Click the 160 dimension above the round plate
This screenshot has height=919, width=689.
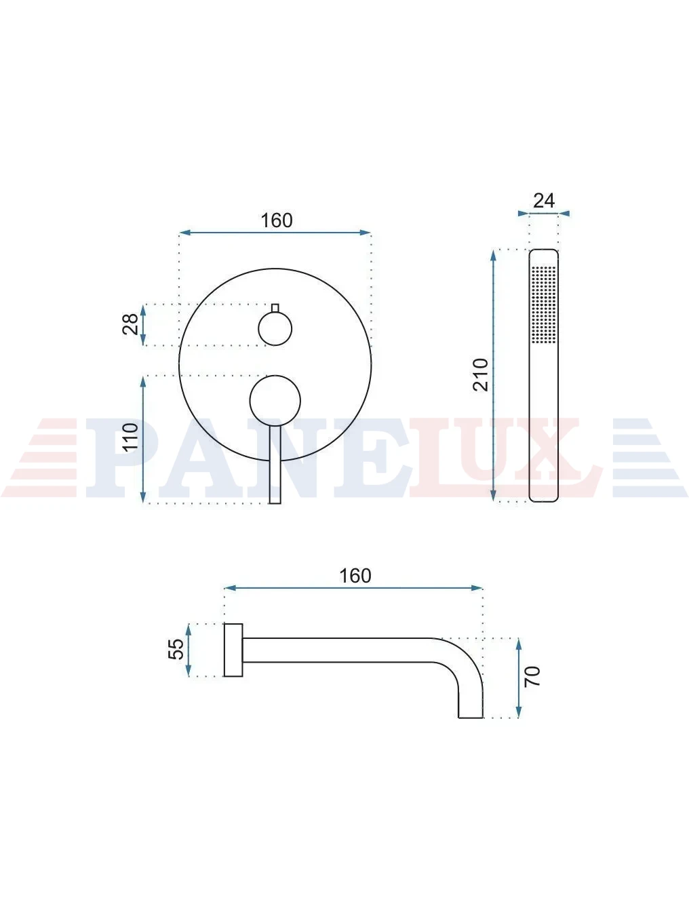[x=276, y=220]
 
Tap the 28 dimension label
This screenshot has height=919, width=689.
[x=130, y=324]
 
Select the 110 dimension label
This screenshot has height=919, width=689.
[x=130, y=437]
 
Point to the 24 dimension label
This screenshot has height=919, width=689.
[x=544, y=201]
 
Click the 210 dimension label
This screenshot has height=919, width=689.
[x=481, y=374]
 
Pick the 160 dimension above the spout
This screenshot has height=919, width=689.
[x=355, y=576]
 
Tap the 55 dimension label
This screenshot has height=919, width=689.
[x=176, y=649]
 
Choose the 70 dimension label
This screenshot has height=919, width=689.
[x=532, y=676]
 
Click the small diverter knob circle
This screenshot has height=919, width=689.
[x=275, y=329]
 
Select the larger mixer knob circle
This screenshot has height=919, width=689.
[x=275, y=401]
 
